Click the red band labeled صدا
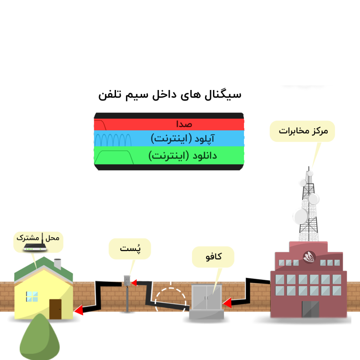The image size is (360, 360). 169,124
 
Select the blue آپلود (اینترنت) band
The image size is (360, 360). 169,139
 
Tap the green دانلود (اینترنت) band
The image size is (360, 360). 169,155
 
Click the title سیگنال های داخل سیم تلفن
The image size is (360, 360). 170,95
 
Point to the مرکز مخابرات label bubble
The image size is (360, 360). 302,131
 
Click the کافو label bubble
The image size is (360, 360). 213,257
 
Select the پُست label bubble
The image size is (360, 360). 130,249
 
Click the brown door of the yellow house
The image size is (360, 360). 55,309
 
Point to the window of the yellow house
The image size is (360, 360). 32,296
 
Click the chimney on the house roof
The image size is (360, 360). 57,264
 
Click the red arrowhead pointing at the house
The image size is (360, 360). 78,310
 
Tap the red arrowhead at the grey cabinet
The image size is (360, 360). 227,303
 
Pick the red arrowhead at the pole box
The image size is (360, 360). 134,283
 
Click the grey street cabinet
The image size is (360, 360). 206,301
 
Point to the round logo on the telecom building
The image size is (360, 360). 309,257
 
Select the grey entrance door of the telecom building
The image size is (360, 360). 310,309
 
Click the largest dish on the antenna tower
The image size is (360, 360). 301,216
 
